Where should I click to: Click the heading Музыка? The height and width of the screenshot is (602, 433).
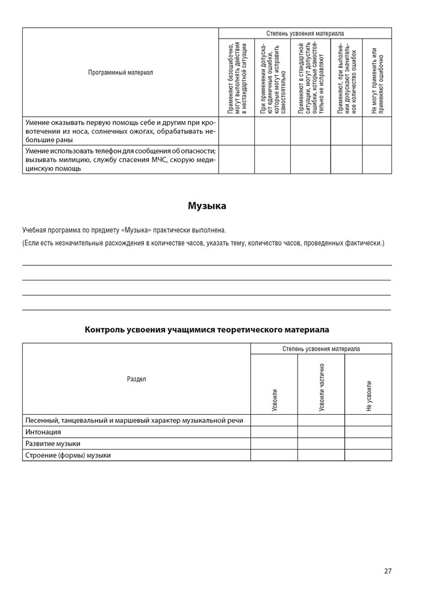coord(207,206)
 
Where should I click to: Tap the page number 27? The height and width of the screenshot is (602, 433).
coord(387,571)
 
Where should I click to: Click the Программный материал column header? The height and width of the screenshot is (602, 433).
coord(120,72)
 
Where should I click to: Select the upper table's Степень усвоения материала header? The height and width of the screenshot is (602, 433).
coord(305,34)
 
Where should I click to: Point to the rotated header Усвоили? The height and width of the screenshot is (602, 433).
coord(275,400)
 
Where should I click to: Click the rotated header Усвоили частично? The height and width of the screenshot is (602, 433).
coord(322,388)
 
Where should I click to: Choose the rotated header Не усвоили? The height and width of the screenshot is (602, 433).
coord(369,396)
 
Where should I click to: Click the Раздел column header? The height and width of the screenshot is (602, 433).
coord(136,379)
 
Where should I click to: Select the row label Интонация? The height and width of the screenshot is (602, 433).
coord(43,432)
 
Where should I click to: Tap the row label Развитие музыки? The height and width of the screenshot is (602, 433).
coord(52,444)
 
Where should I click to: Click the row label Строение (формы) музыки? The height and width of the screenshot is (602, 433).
coord(67,455)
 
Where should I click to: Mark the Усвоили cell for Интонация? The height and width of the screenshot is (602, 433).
coord(274,432)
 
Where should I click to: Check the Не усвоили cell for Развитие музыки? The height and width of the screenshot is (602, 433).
coord(368,444)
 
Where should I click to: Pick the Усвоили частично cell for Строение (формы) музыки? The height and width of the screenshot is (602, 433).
coord(321,455)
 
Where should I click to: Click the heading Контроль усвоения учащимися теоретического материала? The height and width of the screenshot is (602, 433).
coord(207,330)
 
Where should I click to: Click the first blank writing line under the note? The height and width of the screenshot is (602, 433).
coord(207,264)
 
